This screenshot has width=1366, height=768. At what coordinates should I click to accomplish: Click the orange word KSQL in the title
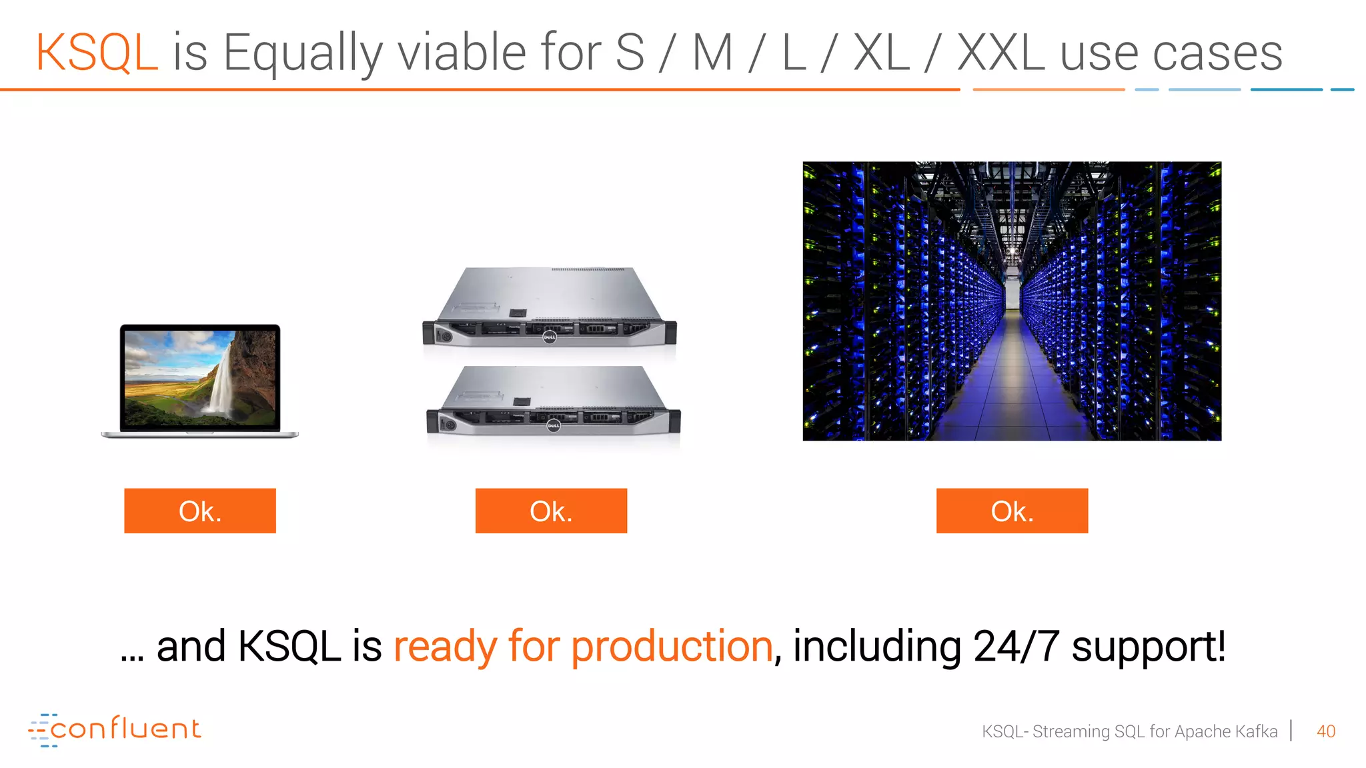click(x=97, y=53)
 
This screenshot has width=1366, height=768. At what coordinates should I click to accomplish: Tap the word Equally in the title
click(x=303, y=53)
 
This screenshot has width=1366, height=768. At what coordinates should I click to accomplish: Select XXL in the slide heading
click(x=1000, y=53)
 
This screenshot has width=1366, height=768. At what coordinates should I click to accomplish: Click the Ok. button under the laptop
click(x=200, y=511)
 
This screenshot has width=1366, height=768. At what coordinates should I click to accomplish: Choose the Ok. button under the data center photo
click(x=1012, y=511)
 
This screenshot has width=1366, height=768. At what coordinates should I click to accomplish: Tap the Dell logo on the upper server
click(x=550, y=337)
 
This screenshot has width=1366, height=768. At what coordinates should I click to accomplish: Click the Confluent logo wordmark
click(x=125, y=729)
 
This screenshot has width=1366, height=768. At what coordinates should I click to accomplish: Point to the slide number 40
click(x=1326, y=731)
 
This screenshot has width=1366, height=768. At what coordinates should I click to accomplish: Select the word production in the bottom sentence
click(x=672, y=646)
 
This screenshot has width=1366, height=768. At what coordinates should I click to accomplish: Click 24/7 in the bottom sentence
click(x=1016, y=646)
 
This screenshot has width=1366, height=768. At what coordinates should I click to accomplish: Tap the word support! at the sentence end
click(x=1149, y=646)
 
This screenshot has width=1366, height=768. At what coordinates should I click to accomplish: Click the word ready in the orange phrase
click(x=445, y=646)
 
